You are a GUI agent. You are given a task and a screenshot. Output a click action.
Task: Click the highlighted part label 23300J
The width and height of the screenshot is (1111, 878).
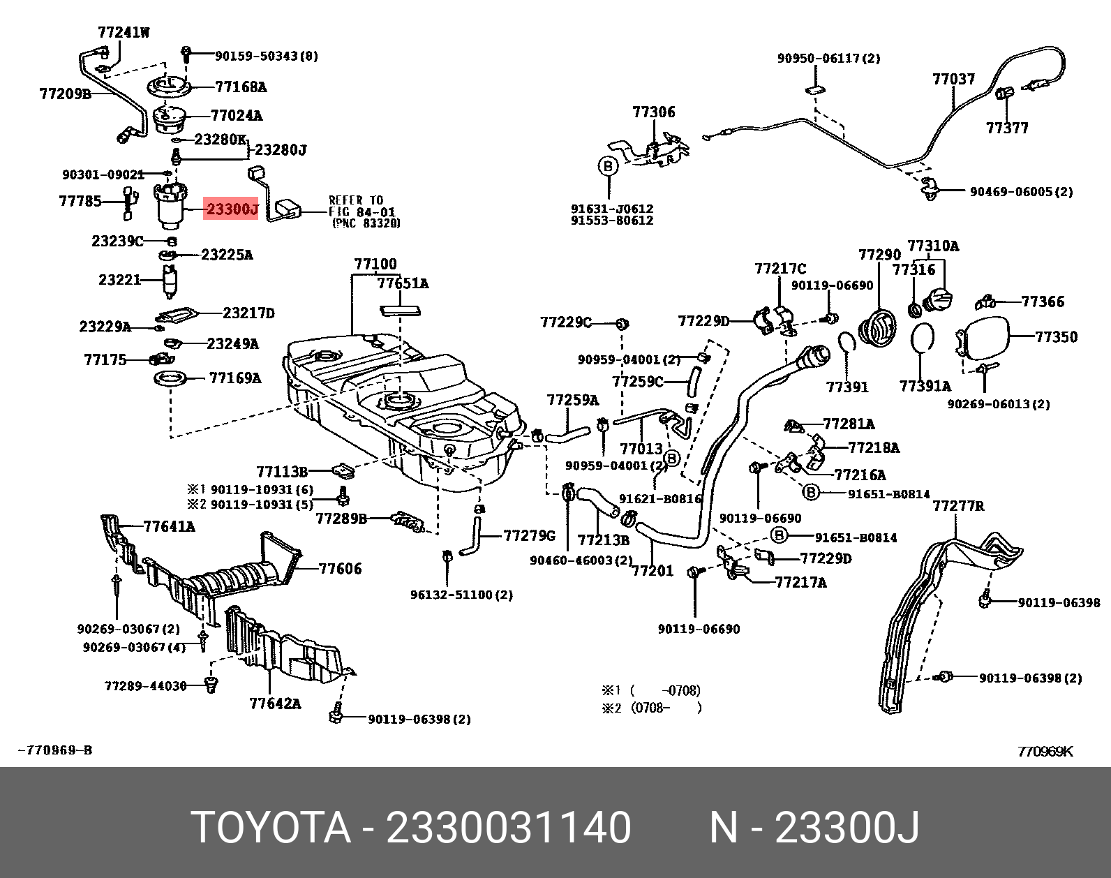tap(231, 209)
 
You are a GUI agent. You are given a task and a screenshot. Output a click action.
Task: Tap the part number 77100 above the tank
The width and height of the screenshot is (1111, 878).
tap(375, 264)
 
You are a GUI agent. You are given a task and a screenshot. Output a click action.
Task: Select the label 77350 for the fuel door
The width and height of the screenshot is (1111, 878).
tap(1056, 336)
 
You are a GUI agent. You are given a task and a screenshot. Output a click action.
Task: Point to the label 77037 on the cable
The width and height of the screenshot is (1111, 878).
tap(953, 79)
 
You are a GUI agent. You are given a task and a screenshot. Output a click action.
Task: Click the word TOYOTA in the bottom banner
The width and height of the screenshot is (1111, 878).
tap(271, 828)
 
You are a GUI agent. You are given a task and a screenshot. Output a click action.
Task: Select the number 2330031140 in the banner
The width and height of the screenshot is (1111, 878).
tap(508, 828)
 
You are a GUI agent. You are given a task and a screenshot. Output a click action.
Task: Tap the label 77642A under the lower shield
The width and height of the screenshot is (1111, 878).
tap(275, 704)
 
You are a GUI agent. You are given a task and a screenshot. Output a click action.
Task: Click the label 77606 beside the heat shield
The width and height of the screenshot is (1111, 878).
tap(340, 569)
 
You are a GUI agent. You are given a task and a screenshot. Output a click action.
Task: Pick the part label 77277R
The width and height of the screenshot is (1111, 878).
tap(958, 505)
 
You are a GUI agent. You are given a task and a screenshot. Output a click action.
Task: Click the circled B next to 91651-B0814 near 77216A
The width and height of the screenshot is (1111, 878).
tap(810, 493)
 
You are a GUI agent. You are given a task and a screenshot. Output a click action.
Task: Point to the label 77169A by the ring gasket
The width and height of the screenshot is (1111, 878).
tap(235, 378)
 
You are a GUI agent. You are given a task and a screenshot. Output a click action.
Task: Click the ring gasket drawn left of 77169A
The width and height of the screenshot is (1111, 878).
tap(171, 379)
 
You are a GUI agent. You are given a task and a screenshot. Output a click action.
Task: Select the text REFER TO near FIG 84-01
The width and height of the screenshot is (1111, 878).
tap(356, 200)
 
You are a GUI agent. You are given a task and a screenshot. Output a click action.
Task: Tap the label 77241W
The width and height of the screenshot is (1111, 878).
tap(124, 32)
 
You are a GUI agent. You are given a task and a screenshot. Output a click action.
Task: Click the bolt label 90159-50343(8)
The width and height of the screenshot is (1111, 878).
tap(266, 56)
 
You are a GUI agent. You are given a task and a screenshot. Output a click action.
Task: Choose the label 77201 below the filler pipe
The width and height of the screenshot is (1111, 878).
tap(652, 571)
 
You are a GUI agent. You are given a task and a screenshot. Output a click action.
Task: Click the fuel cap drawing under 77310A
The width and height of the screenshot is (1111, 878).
tap(938, 300)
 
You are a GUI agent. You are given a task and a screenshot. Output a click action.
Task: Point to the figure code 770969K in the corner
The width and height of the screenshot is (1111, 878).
tap(1045, 751)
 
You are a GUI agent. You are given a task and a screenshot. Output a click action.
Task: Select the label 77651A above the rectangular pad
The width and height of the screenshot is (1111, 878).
tap(403, 283)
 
